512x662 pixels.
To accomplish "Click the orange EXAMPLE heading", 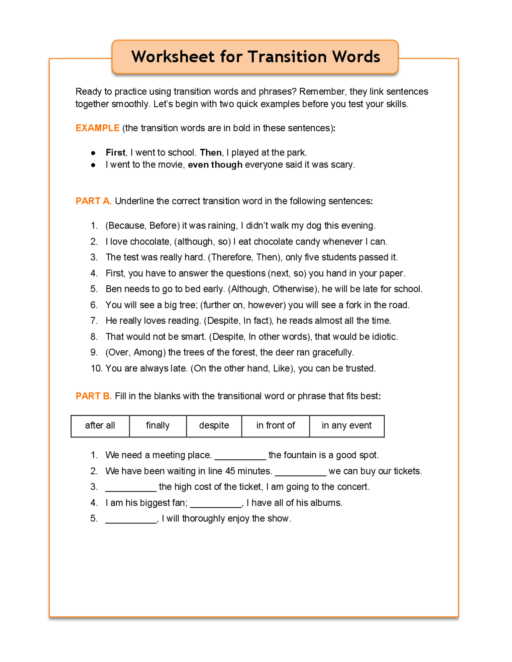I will point(97,128).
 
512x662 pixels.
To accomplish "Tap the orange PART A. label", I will point(93,201).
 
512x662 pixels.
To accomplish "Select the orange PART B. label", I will point(93,396).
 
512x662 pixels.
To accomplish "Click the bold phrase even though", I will point(215,165).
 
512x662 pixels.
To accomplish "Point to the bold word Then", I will point(211,153).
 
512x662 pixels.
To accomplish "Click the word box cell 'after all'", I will point(100,426).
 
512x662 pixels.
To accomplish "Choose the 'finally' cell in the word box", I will point(158,426).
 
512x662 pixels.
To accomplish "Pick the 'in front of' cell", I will point(275,426).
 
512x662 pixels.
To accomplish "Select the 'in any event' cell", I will point(346,426).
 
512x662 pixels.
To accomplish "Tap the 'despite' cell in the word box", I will point(214,426).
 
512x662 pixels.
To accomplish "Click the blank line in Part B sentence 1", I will point(240,458).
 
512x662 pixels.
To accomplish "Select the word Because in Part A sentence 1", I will point(126,226).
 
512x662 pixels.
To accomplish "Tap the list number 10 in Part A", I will point(96,369).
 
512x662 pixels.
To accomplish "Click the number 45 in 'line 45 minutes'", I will point(230,471).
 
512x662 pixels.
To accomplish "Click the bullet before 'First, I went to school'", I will point(93,153).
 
